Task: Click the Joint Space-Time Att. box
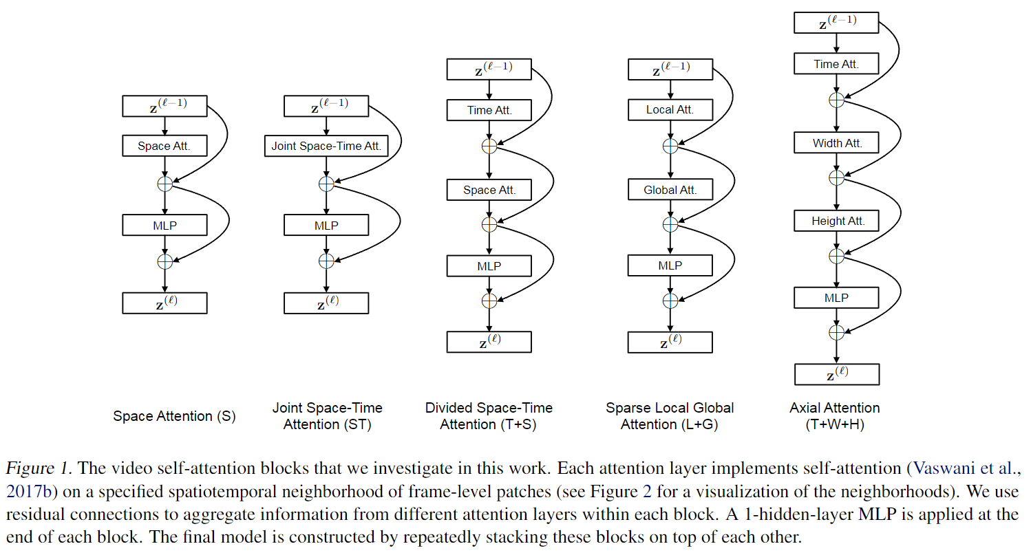326,146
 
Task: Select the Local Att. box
670,110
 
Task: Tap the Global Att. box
670,189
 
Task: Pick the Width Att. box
836,142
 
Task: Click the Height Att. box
836,221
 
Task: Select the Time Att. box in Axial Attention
836,63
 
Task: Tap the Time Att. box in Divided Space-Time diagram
489,110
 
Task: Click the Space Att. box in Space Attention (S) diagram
164,146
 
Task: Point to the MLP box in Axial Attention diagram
836,298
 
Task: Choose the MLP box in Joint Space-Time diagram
326,226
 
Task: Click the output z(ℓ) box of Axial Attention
837,374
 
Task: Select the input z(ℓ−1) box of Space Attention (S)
164,106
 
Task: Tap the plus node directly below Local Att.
670,146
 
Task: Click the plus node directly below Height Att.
836,256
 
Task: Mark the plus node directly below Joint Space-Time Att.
326,184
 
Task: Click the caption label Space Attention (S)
174,416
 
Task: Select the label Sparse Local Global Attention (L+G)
670,416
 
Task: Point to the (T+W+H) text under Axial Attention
835,424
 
